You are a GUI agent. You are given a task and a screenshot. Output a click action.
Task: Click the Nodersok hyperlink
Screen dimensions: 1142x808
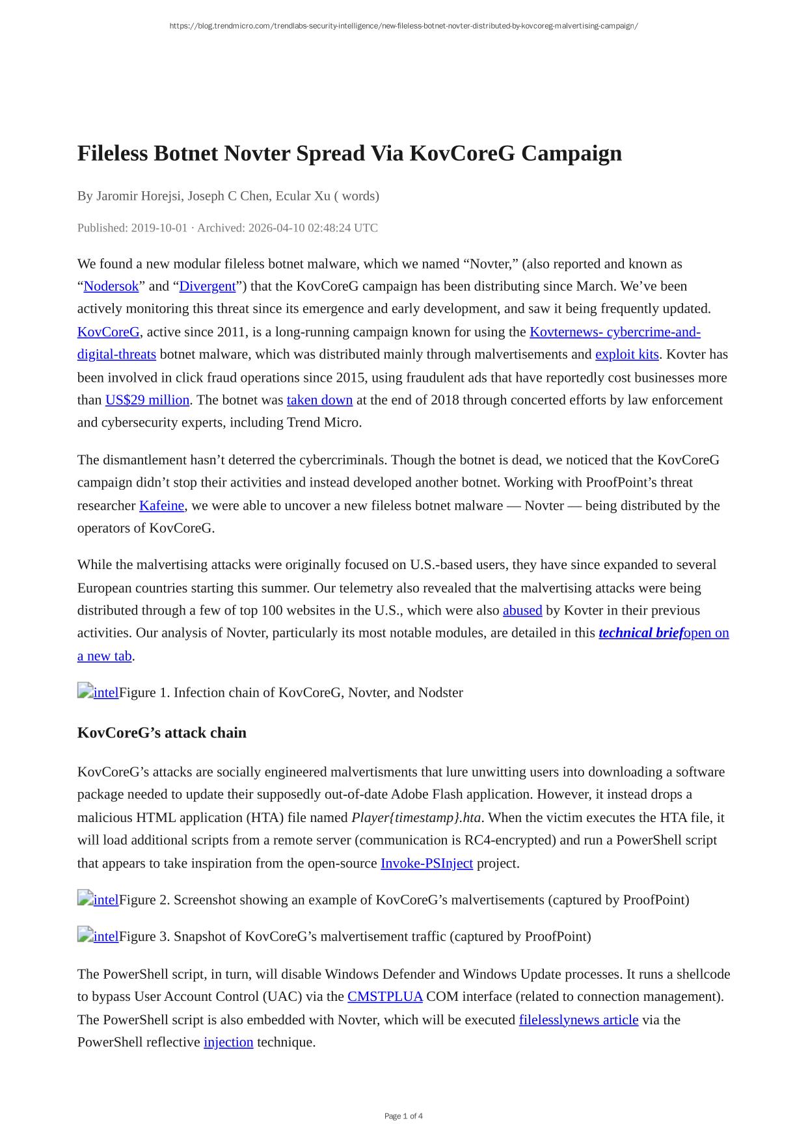(x=111, y=287)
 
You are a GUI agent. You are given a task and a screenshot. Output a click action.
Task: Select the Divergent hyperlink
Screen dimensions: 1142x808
(x=208, y=287)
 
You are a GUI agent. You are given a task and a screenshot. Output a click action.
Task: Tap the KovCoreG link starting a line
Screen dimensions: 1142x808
(x=109, y=332)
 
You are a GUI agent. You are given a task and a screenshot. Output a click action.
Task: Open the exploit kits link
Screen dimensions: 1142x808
(x=627, y=354)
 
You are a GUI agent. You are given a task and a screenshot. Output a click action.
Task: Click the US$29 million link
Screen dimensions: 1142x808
(x=148, y=400)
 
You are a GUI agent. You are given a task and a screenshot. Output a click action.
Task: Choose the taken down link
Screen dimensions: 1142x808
(x=319, y=400)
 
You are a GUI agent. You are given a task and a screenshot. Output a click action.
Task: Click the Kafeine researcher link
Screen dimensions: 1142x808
(x=162, y=506)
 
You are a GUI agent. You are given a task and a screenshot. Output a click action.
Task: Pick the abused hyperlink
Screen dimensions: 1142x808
(x=522, y=611)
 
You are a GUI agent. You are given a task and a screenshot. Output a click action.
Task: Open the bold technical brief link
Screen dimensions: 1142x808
(x=640, y=633)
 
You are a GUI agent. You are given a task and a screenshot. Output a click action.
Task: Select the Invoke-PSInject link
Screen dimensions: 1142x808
(x=427, y=864)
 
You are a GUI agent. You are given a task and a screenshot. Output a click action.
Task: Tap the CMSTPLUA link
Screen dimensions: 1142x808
(x=385, y=997)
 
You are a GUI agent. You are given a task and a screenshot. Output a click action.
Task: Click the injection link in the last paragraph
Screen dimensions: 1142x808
(x=228, y=1042)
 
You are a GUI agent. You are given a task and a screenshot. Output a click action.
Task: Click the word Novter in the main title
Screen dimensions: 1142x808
(x=257, y=153)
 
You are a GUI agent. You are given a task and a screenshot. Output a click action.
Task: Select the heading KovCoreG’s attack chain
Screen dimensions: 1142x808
(x=162, y=733)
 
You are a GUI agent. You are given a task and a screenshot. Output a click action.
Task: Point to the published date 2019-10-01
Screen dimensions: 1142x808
(x=159, y=228)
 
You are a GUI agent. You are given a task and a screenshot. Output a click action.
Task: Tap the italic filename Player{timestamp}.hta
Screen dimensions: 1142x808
(x=416, y=818)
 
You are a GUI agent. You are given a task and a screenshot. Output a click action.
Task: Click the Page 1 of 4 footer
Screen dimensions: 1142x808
(x=403, y=1117)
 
